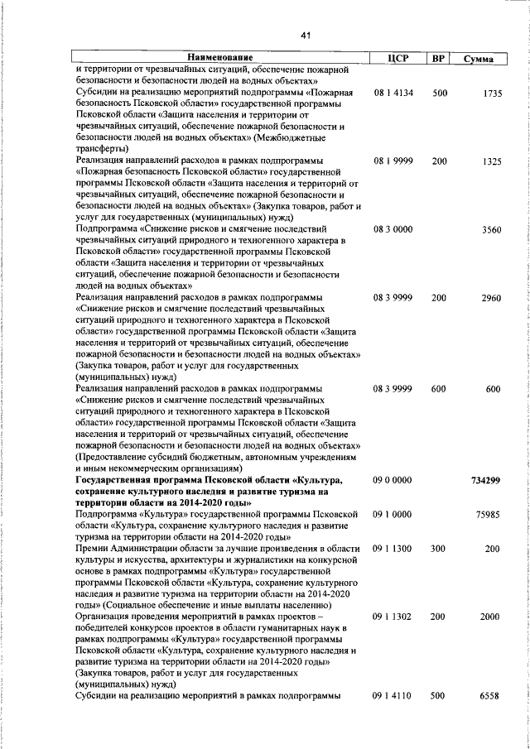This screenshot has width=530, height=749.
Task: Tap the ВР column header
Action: (439, 58)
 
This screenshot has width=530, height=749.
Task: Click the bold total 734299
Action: (484, 481)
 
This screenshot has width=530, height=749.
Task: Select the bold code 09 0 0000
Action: (393, 481)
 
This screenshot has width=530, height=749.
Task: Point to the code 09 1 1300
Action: (393, 548)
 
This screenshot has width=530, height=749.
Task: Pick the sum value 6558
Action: (489, 696)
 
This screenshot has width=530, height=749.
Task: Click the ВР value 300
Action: (440, 548)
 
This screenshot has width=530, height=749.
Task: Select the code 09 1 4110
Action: (393, 696)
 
